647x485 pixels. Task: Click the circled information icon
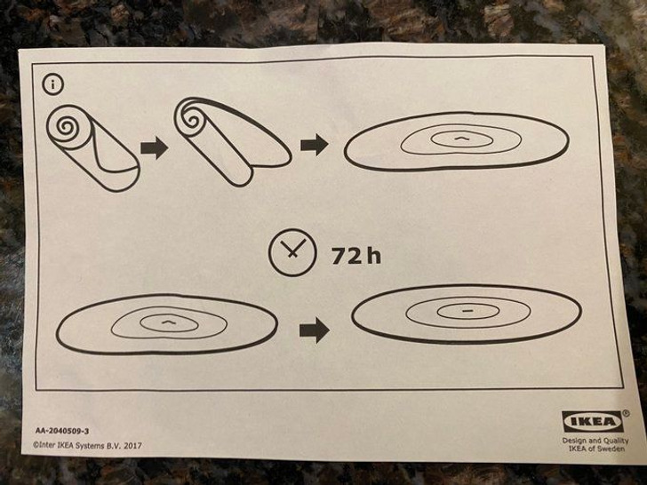pyautogui.click(x=52, y=84)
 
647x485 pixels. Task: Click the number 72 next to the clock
pyautogui.click(x=347, y=256)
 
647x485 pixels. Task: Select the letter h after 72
pyautogui.click(x=373, y=255)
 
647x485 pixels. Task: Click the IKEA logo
pyautogui.click(x=592, y=421)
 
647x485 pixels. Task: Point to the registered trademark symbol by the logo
pyautogui.click(x=626, y=413)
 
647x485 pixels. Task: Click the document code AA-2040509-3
pyautogui.click(x=62, y=431)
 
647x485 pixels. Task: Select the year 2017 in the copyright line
pyautogui.click(x=132, y=445)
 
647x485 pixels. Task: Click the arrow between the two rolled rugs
pyautogui.click(x=155, y=147)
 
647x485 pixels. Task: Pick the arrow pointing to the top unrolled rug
pyautogui.click(x=315, y=145)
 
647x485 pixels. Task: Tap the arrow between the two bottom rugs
pyautogui.click(x=315, y=330)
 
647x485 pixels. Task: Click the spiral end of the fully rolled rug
pyautogui.click(x=66, y=124)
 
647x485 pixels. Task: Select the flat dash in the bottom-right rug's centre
pyautogui.click(x=467, y=311)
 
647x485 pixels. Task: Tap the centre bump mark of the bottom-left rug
pyautogui.click(x=168, y=322)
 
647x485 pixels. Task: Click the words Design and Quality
pyautogui.click(x=595, y=441)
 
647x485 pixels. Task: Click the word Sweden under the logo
pyautogui.click(x=612, y=449)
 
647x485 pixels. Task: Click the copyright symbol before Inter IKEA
pyautogui.click(x=36, y=445)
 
